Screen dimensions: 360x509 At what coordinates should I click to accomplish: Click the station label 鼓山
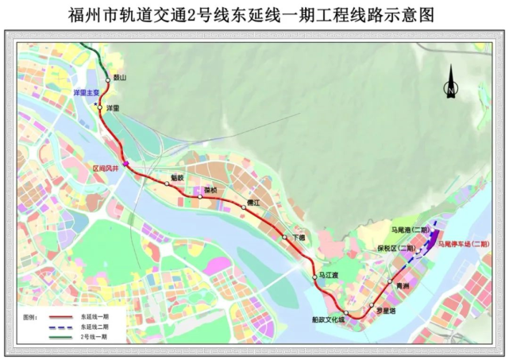pyautogui.click(x=120, y=78)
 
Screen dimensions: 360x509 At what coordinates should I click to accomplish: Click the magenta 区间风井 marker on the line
pyautogui.click(x=125, y=165)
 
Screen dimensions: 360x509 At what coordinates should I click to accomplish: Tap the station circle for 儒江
pyautogui.click(x=243, y=207)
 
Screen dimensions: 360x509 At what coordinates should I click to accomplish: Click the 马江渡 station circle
pyautogui.click(x=315, y=277)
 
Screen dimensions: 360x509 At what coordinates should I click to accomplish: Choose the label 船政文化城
pyautogui.click(x=328, y=319)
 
